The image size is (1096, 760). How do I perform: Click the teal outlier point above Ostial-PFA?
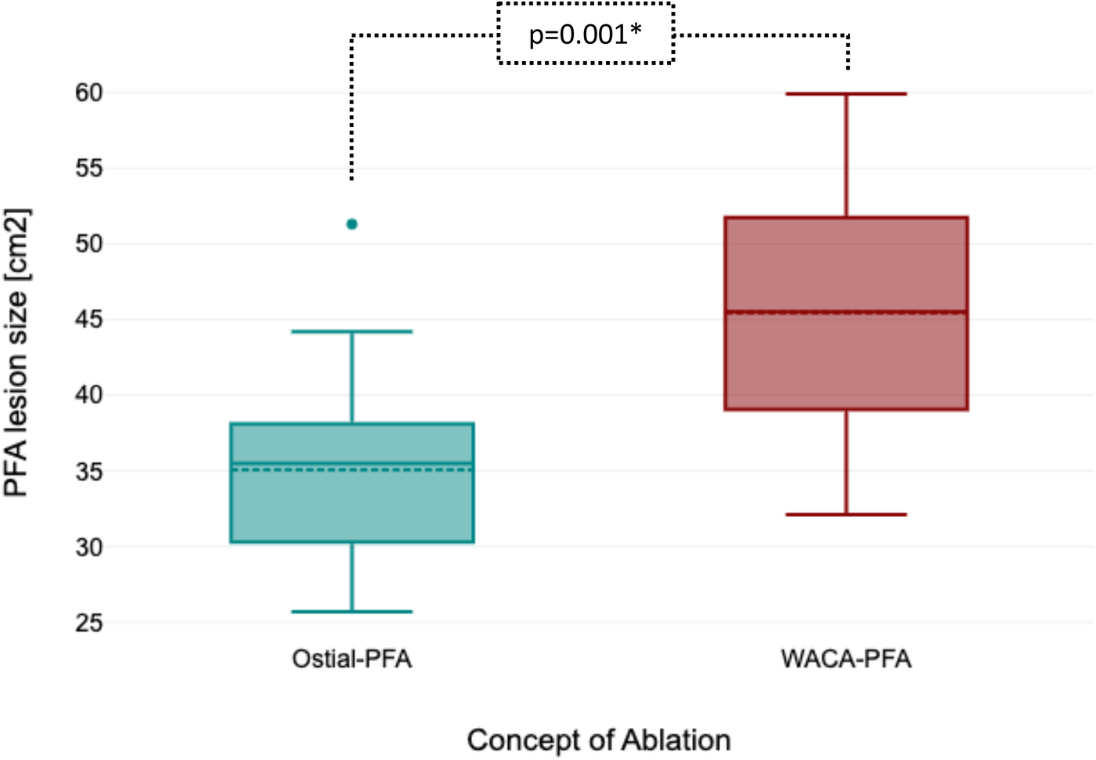tap(352, 224)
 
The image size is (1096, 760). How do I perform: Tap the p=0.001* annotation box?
tap(586, 34)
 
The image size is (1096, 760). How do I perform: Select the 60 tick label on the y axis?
tap(88, 92)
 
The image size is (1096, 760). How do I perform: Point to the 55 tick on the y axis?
tap(88, 168)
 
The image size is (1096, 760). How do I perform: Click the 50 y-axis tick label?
tap(88, 244)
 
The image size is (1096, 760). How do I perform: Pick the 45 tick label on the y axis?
tap(88, 320)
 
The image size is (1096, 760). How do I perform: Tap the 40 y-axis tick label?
tap(88, 395)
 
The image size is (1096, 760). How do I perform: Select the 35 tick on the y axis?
tap(88, 472)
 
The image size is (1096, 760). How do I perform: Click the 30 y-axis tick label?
tap(88, 547)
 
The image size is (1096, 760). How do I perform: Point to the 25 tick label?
tap(88, 623)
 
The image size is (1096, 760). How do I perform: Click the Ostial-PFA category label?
tap(352, 659)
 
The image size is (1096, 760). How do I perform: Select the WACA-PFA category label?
tap(846, 659)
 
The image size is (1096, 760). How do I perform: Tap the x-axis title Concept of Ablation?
tap(599, 740)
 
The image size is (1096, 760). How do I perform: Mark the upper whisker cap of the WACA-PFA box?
tap(846, 94)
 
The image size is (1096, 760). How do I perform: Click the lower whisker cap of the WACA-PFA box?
tap(846, 515)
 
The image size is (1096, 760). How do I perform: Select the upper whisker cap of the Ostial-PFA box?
tap(352, 331)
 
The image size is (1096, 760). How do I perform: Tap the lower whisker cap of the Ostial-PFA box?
tap(352, 611)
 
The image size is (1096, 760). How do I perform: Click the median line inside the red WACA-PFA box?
tap(846, 312)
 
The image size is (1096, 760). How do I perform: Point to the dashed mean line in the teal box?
tap(352, 470)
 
